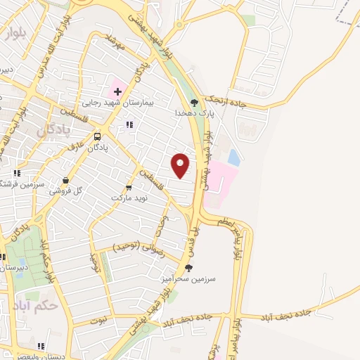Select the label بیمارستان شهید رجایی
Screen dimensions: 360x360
coord(117,103)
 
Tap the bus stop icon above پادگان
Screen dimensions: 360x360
coord(97,136)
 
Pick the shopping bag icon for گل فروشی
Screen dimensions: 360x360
coord(65,180)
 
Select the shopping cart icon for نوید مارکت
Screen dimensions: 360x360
coord(128,187)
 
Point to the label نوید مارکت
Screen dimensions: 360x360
coord(127,198)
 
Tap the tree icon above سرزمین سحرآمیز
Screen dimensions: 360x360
coord(188,267)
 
